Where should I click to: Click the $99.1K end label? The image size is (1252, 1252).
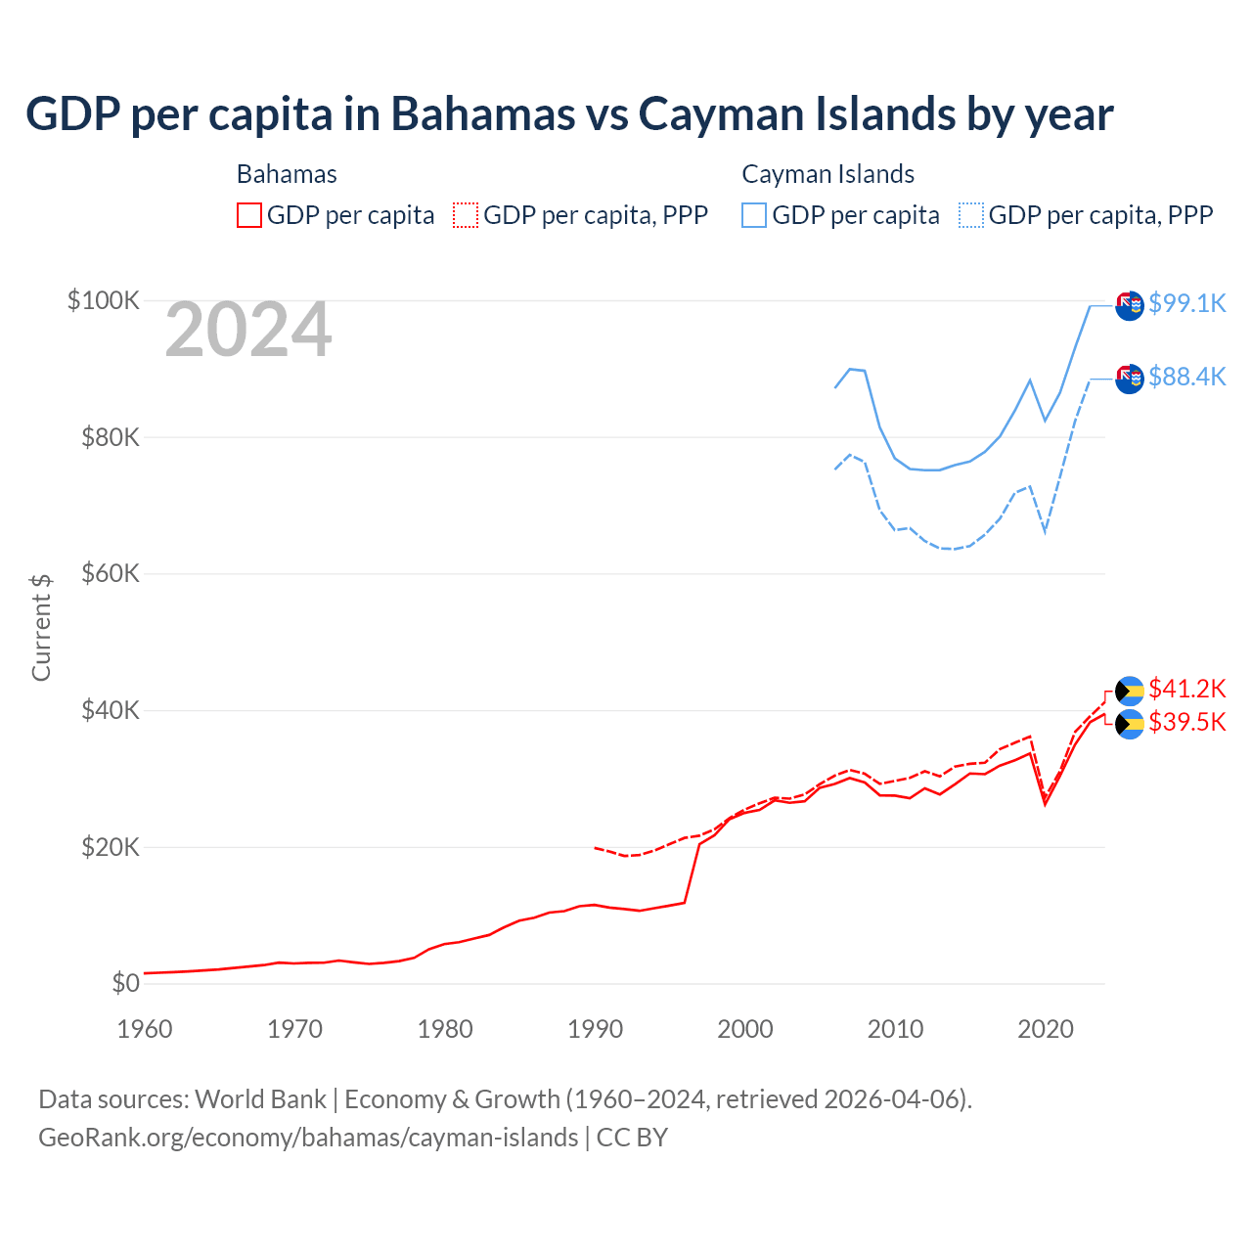1186,303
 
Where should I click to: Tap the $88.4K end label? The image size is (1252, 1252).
1186,377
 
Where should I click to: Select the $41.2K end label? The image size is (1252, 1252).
1186,689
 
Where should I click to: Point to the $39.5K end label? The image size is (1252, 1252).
1186,722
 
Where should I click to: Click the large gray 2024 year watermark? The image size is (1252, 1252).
248,331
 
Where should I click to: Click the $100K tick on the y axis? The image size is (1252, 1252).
104,300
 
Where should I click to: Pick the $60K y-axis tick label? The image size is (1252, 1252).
111,573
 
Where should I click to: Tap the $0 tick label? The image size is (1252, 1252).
125,983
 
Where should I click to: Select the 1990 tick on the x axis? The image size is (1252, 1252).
595,1029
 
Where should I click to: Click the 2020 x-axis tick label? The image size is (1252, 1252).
1046,1029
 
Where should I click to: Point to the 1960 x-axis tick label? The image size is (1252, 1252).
145,1029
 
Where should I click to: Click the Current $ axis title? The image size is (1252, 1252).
41,627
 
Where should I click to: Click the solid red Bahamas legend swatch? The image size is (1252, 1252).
249,215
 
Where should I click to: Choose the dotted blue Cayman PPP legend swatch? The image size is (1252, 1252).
971,215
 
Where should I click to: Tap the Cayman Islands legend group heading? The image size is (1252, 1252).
827,174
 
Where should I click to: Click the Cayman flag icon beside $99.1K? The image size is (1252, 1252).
1130,305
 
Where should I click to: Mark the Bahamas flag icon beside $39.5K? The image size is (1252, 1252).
1130,725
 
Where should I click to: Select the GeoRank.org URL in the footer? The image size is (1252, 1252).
308,1138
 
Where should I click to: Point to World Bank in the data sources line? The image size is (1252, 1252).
260,1099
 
